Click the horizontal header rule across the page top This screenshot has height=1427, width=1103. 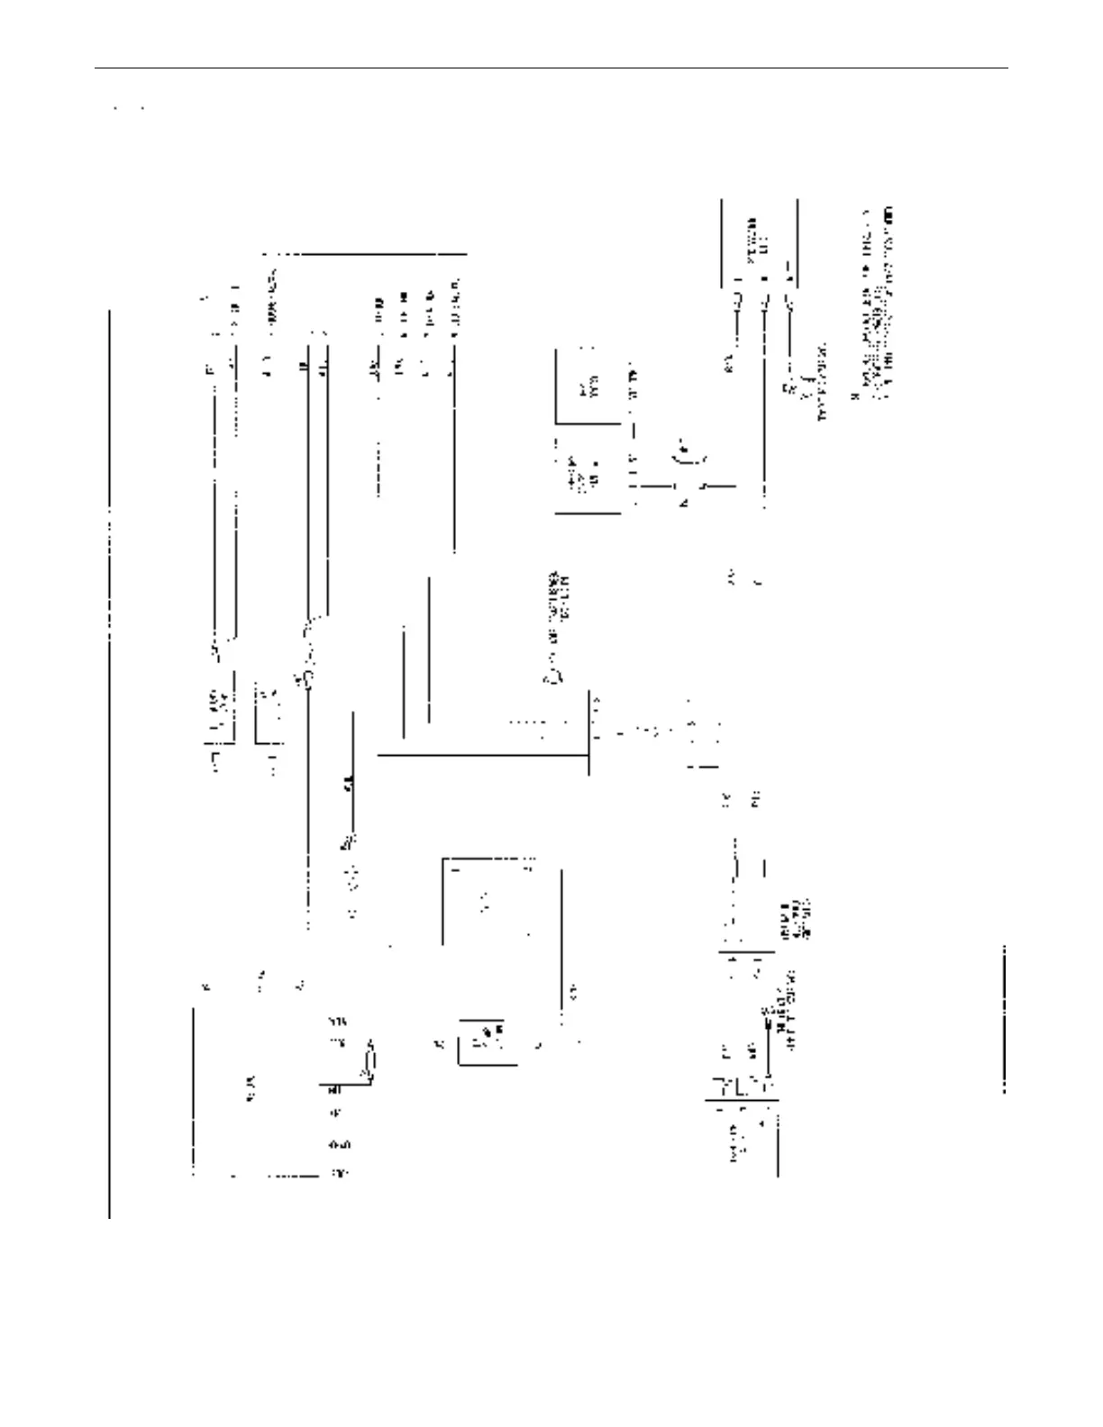coord(551,68)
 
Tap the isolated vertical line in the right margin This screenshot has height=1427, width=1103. coord(1004,1019)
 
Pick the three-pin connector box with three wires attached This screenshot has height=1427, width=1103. coord(760,244)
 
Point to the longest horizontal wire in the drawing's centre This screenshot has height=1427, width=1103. coord(482,755)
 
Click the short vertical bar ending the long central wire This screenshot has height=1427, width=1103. coord(588,732)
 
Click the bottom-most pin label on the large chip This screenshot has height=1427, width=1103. coord(340,1174)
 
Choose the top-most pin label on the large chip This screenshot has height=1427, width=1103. coord(336,1022)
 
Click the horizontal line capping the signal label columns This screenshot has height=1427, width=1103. coord(366,254)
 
